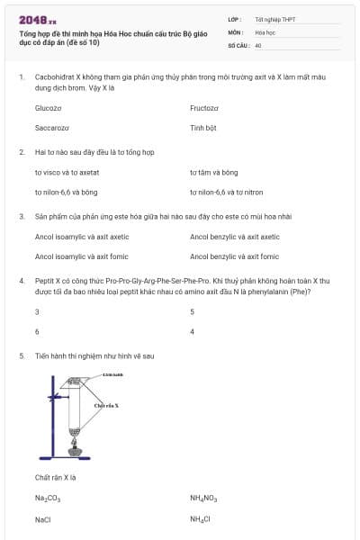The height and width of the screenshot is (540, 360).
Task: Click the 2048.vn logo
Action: (x=38, y=20)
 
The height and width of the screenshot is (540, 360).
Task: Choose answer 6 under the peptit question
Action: (x=37, y=331)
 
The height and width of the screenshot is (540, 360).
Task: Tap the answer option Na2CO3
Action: (x=48, y=497)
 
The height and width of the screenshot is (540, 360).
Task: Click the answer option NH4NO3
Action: (x=203, y=497)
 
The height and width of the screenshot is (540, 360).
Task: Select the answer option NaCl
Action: (x=43, y=519)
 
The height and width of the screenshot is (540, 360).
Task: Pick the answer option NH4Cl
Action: (x=200, y=519)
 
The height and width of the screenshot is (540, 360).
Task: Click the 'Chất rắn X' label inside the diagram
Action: (x=106, y=406)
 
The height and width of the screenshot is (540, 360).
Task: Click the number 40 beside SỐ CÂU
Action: (x=258, y=44)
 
